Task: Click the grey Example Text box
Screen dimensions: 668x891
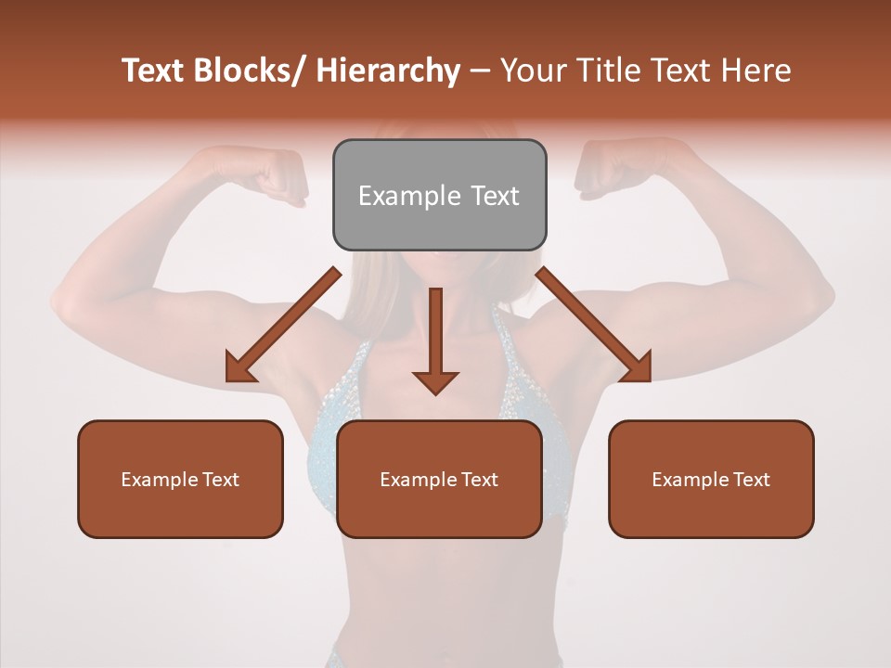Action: click(x=439, y=195)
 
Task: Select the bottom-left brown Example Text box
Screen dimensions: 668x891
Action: click(x=180, y=479)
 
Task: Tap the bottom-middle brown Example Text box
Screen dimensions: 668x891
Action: click(x=439, y=479)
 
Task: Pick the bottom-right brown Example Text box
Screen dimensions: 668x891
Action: click(x=711, y=479)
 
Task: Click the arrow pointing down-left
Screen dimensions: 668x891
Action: click(x=282, y=326)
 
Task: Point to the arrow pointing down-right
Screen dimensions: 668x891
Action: click(x=595, y=326)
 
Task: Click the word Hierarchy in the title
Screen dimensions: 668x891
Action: click(x=388, y=71)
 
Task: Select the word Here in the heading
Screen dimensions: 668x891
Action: click(x=757, y=71)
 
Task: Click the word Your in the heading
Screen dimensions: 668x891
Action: click(x=534, y=71)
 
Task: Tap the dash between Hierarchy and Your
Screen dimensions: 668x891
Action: click(x=479, y=72)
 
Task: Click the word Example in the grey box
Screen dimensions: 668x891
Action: click(x=409, y=196)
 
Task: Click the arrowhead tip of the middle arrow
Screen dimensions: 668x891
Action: click(x=435, y=392)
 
